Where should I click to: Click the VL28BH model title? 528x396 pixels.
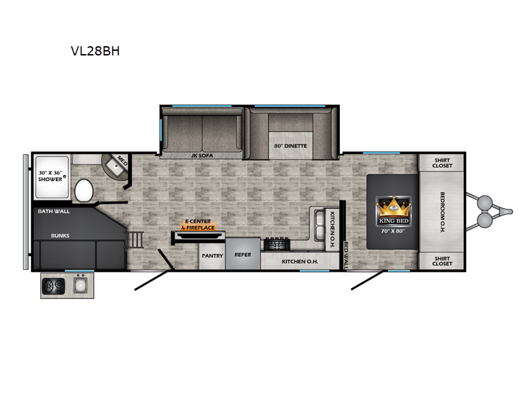(95, 51)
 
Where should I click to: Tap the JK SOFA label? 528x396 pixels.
(202, 156)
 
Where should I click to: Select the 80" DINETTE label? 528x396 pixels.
(290, 146)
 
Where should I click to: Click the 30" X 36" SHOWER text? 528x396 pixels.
(50, 176)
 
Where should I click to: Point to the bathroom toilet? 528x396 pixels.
(84, 191)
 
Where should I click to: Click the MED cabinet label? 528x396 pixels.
(122, 161)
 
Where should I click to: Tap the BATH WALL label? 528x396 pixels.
(54, 211)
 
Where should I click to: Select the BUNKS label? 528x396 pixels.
(60, 236)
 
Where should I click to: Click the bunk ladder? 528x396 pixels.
(135, 240)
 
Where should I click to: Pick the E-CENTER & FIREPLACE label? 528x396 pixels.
(198, 224)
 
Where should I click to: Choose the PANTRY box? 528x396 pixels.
(212, 255)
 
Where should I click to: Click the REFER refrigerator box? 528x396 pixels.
(243, 253)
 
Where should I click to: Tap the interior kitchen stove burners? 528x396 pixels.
(277, 244)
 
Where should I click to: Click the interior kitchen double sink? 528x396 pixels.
(319, 225)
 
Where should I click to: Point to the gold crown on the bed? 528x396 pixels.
(393, 207)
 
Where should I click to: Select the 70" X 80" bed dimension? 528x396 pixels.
(393, 231)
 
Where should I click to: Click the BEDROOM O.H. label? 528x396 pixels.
(442, 212)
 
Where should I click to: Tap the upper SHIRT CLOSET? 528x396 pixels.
(442, 163)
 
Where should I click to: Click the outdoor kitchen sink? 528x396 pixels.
(81, 286)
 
